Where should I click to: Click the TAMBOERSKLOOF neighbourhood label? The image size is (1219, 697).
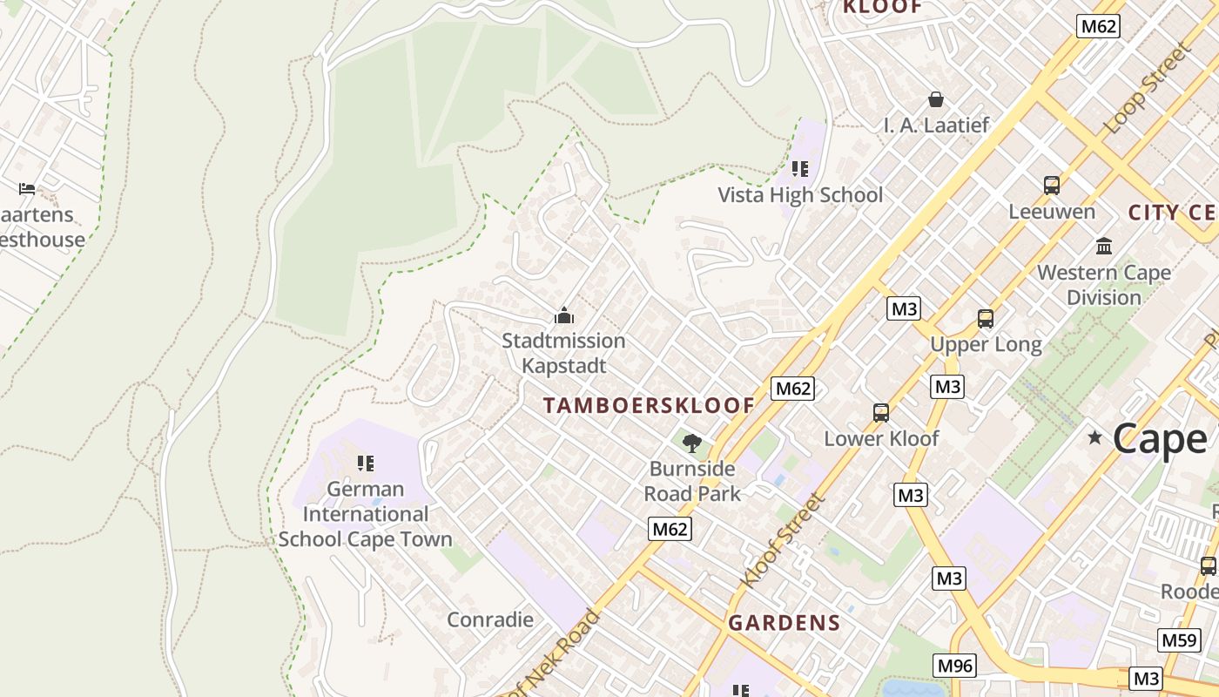point(649,405)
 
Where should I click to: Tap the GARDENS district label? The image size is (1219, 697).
point(785,623)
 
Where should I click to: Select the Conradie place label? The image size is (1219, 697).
point(489,619)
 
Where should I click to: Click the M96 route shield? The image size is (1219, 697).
point(954,667)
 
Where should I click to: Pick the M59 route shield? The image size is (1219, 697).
point(1179,640)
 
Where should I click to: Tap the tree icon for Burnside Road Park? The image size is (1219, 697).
point(692,443)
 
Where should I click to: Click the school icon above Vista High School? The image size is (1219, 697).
point(799,169)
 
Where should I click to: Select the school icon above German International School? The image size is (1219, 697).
point(366,463)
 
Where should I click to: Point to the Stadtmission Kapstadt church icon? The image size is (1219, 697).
point(564,315)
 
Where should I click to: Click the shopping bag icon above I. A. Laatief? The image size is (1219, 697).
point(936,99)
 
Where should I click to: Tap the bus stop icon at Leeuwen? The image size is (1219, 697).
point(1052,186)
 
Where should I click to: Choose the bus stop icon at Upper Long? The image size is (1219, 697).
point(986,319)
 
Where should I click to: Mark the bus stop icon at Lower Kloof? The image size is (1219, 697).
point(881,413)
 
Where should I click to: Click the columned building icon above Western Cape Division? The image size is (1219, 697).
point(1104,247)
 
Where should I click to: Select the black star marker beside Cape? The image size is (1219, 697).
point(1094,437)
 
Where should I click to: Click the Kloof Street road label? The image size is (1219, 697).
point(781,540)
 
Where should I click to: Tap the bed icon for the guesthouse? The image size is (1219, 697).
point(27,189)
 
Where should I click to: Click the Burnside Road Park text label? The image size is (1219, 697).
point(692,481)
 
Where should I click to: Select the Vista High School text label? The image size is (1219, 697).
point(799,195)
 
